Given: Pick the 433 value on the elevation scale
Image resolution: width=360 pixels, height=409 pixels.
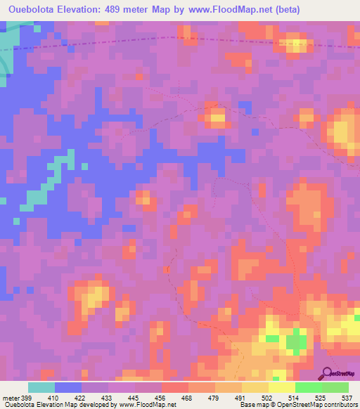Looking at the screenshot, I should tap(109, 397).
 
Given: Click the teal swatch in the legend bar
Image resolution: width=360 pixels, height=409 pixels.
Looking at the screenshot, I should tap(41, 387).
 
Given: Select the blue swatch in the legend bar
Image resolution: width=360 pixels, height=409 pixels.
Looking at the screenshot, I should tap(68, 387).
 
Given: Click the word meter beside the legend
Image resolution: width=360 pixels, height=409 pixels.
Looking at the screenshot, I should tap(10, 397).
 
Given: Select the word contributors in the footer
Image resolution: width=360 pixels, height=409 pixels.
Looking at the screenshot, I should tap(340, 405).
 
